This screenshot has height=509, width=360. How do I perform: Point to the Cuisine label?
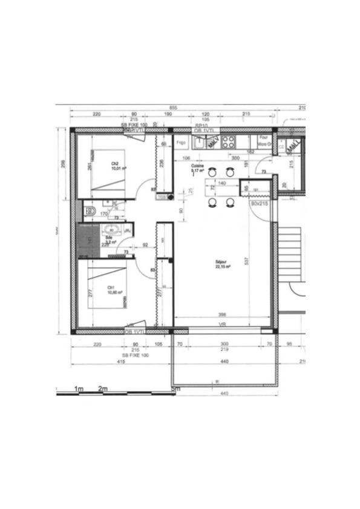(x=197, y=167)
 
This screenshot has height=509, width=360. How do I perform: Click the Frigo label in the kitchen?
(x=180, y=144)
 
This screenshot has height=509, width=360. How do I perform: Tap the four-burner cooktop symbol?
(x=228, y=142)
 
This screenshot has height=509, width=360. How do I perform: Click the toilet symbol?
(x=90, y=211)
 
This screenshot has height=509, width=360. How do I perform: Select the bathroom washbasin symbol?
(x=111, y=229)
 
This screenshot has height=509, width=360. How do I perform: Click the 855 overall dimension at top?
(x=173, y=108)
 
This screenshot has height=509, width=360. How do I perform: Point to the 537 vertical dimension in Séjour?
(x=247, y=261)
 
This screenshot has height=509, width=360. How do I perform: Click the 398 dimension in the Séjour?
(x=222, y=315)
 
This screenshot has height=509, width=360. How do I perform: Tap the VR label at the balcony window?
(x=222, y=325)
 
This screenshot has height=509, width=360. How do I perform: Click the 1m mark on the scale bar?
(x=78, y=389)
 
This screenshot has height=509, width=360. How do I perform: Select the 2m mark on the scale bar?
(x=102, y=389)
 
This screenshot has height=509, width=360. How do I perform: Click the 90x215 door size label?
(x=258, y=204)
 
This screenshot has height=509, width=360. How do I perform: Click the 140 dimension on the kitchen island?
(x=221, y=183)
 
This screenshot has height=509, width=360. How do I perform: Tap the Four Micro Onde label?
(x=263, y=141)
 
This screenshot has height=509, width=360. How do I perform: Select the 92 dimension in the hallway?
(x=145, y=245)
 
